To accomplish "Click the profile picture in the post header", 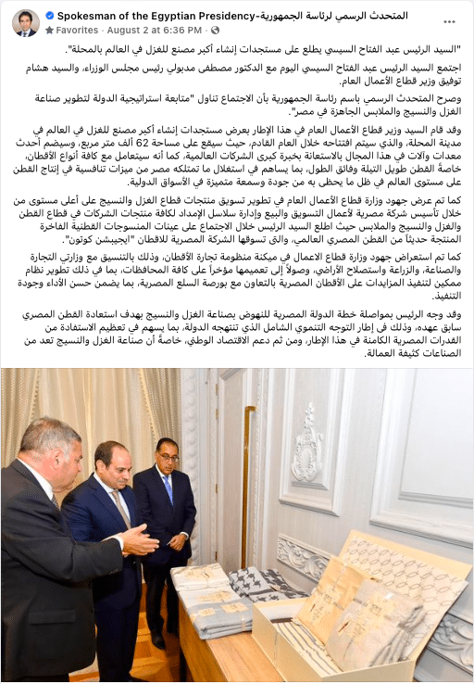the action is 25,23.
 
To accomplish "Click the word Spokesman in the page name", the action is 89,17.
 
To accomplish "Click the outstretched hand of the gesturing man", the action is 139,541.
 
